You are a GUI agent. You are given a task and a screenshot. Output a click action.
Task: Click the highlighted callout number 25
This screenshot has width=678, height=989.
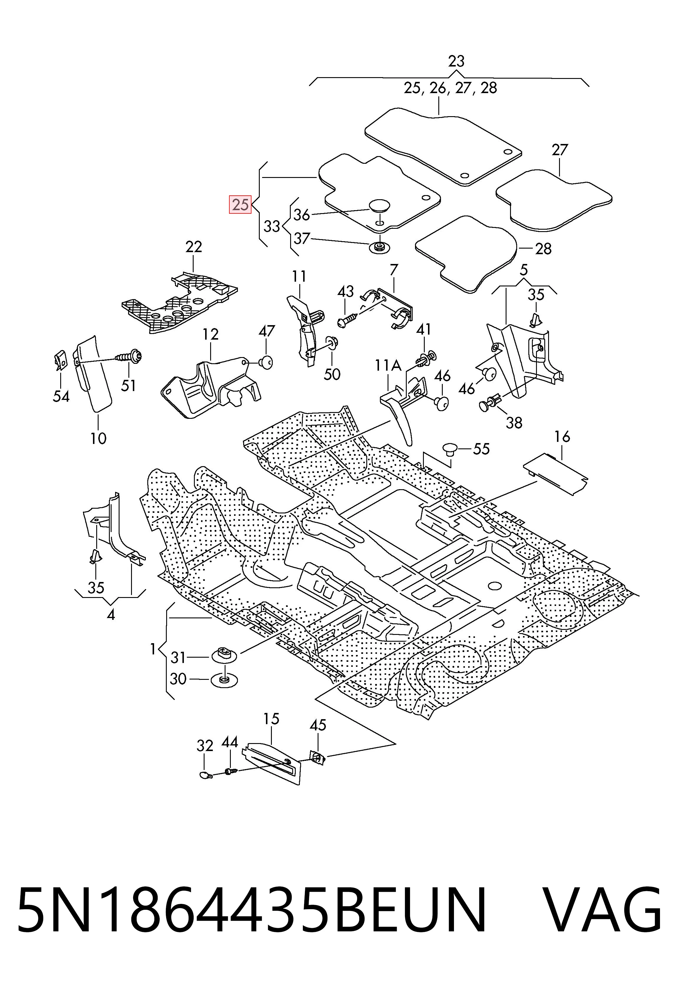pos(241,205)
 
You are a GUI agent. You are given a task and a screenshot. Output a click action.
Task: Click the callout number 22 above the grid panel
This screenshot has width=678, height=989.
pos(194,247)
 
